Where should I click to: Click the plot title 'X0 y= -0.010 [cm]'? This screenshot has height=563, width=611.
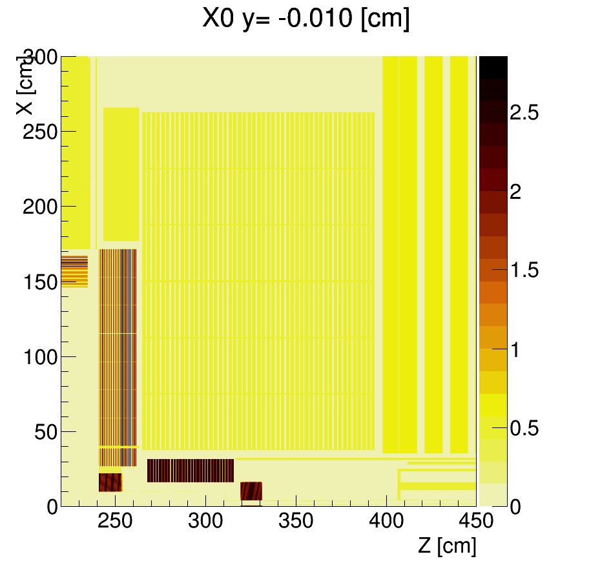[x=305, y=19]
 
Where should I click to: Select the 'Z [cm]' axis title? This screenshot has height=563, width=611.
[x=447, y=546]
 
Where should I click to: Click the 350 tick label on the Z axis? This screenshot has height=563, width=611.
[x=296, y=521]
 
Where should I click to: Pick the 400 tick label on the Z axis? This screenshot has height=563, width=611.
[x=387, y=521]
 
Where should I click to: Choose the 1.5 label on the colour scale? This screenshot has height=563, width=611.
[x=524, y=271]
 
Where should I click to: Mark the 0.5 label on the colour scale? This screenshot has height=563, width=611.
[x=524, y=428]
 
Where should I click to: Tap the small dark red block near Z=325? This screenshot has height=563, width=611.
[x=251, y=491]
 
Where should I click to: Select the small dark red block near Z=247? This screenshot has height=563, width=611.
[x=110, y=482]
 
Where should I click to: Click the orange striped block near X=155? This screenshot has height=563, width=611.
[x=74, y=272]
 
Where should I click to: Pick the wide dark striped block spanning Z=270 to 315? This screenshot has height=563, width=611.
[x=191, y=471]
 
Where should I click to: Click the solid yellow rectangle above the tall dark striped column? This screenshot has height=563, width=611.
[x=121, y=174]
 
